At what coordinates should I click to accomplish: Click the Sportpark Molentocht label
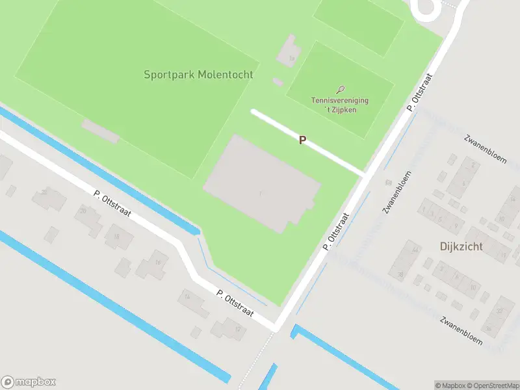(198, 75)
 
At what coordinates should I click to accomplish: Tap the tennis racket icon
(341, 90)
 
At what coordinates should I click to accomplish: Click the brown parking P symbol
(302, 140)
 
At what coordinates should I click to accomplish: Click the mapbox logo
(29, 382)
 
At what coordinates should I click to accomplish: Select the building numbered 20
(83, 211)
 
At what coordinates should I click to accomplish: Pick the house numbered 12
(237, 329)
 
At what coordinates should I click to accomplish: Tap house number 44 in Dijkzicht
(415, 250)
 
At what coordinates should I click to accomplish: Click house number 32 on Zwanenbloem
(500, 311)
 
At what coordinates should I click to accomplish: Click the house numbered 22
(44, 192)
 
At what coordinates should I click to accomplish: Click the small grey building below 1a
(278, 82)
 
